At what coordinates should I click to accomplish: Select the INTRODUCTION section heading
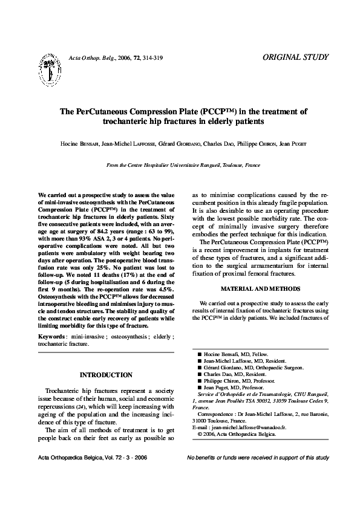(106, 375)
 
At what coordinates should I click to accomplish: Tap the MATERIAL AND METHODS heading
(260, 288)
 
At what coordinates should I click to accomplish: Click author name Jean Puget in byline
(292, 144)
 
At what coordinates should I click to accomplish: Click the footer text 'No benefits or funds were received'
(258, 475)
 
